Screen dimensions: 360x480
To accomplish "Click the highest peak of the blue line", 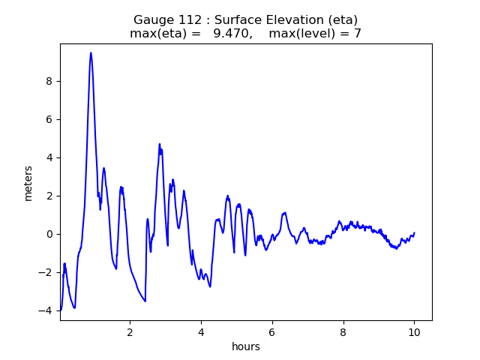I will [91, 52].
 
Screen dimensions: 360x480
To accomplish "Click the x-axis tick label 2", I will [130, 331].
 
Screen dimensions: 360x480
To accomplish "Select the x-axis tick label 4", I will [201, 331].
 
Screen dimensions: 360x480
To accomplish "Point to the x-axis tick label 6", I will [272, 331].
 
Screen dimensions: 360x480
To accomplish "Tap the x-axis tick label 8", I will [343, 331].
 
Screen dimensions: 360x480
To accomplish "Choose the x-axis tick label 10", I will [414, 331].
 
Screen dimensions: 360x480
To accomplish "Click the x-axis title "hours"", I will [246, 346].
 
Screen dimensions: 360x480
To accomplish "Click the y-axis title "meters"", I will [28, 183].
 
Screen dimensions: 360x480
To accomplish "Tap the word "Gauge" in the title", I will [152, 20].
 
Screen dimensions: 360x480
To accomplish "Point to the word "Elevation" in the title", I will [296, 20].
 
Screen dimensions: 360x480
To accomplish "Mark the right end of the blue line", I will [414, 232].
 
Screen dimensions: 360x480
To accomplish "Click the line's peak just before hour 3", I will [160, 144].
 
